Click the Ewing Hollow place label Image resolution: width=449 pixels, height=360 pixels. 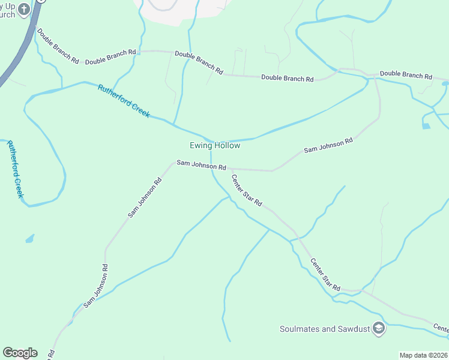tap(215, 146)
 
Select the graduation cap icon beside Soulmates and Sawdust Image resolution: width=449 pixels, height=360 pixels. tap(378, 328)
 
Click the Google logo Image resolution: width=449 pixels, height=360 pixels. tap(20, 353)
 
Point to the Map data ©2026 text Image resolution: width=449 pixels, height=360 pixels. tap(423, 355)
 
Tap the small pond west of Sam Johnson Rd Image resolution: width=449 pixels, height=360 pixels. tap(29, 239)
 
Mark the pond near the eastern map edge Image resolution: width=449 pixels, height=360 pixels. tap(426, 126)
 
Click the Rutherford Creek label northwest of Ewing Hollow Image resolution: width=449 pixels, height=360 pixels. tap(124, 101)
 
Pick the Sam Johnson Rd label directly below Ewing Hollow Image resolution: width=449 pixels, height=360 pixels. tap(201, 165)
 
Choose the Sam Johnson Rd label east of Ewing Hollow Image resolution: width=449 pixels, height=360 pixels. tap(328, 145)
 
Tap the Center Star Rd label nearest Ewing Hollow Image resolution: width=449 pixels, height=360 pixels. tap(247, 190)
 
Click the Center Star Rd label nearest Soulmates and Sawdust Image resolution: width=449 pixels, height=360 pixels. tap(325, 275)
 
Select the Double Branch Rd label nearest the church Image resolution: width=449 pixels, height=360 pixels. tap(58, 46)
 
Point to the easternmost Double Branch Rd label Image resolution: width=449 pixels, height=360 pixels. tap(406, 76)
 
